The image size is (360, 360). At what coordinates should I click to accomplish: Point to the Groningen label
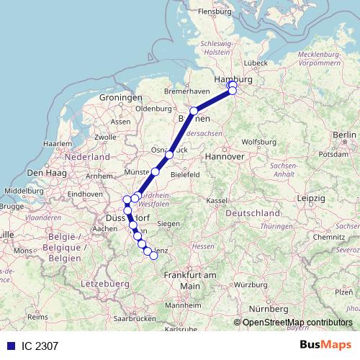[121, 97]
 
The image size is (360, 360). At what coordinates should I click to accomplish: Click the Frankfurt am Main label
[190, 280]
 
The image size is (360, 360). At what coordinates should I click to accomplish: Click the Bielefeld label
[184, 174]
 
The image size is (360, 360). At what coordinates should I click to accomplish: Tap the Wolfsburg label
[259, 141]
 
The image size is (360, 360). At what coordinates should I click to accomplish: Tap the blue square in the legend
[9, 346]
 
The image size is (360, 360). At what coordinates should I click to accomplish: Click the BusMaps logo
[326, 345]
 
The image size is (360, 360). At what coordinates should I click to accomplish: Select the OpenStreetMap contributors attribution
[297, 323]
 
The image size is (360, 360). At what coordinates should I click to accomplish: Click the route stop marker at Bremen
[194, 111]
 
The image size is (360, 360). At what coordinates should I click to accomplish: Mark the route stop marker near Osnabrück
[169, 155]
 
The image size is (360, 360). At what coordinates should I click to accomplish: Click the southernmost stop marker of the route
[153, 256]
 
